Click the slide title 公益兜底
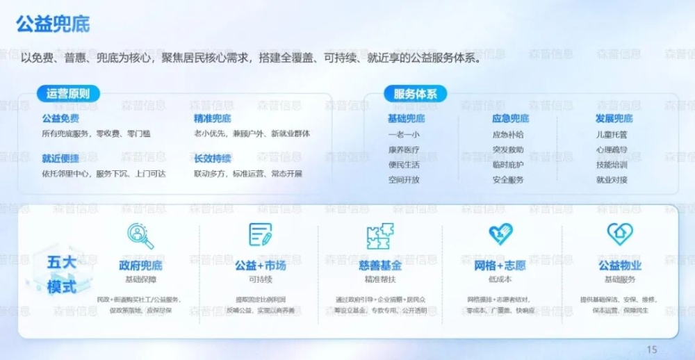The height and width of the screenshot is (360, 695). [53, 24]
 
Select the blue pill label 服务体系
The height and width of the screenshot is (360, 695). [415, 94]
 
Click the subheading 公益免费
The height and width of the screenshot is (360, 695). [60, 119]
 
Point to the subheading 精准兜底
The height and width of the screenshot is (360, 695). [213, 119]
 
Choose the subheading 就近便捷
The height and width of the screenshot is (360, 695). [60, 158]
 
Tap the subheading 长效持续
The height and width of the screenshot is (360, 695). [213, 158]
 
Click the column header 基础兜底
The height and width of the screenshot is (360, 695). [406, 119]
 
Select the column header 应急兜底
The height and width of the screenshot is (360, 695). [510, 119]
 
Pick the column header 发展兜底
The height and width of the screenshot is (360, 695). [614, 119]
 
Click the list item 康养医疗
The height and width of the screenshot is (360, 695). [404, 149]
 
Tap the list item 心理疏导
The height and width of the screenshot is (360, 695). [612, 149]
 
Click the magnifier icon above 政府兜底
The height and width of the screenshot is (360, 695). [140, 236]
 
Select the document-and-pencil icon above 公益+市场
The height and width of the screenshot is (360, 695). [261, 235]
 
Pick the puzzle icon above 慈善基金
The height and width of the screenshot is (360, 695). [379, 235]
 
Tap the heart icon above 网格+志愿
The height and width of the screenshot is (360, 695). [500, 234]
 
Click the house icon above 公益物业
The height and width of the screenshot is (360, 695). [619, 234]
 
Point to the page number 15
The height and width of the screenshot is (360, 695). [651, 350]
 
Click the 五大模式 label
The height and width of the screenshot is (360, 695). [62, 275]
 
